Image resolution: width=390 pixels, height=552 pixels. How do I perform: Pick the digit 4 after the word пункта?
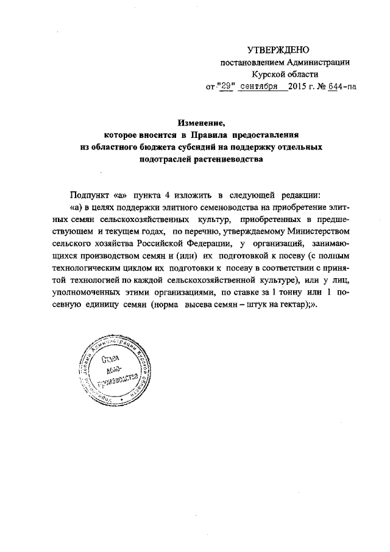166,195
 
